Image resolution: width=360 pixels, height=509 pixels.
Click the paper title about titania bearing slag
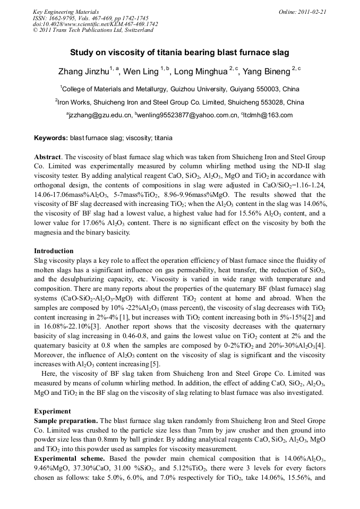[x=179, y=53]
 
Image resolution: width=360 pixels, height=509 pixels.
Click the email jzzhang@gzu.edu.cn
[x=100, y=115]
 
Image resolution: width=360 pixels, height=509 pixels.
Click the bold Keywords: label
[x=51, y=138]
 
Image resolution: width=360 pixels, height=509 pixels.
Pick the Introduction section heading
[x=54, y=251]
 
